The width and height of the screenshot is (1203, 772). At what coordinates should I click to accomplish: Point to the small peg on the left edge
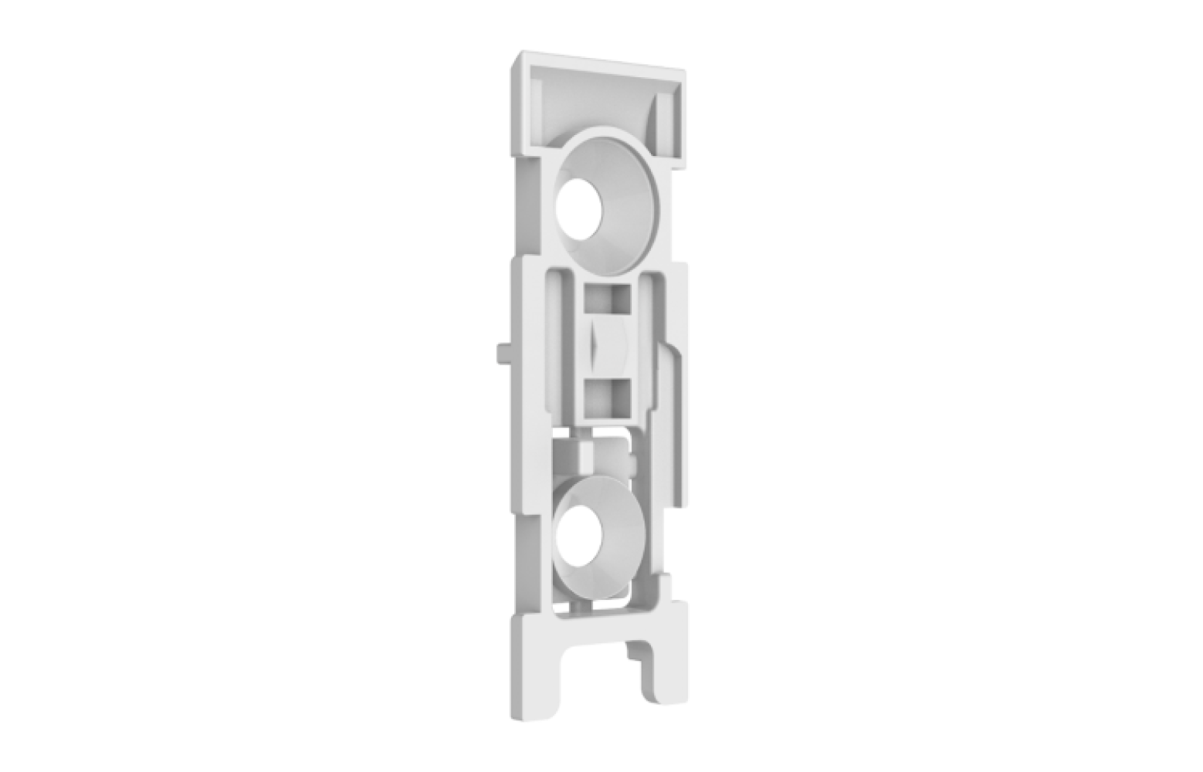500,351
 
